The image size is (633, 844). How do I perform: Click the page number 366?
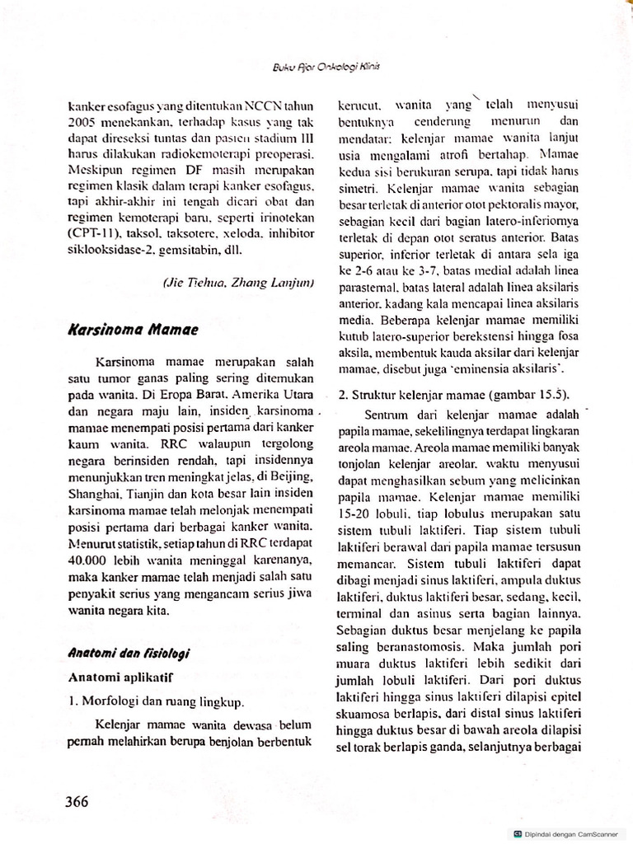click(73, 802)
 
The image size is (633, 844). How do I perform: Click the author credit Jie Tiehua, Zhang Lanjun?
click(237, 283)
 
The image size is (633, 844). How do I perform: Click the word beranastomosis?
click(392, 649)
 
